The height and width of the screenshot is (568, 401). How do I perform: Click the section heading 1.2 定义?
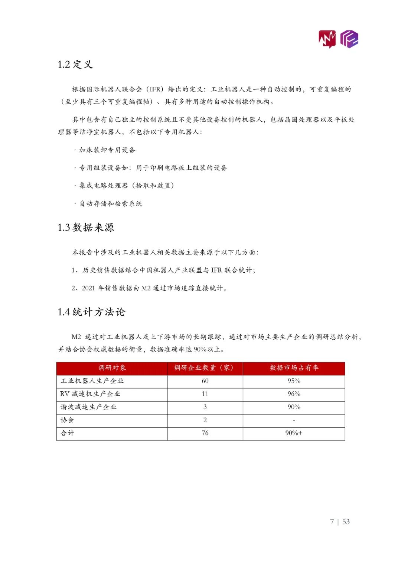point(75,64)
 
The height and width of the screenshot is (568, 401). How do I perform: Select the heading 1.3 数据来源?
point(86,227)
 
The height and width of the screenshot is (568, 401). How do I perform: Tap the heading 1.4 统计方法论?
point(91,312)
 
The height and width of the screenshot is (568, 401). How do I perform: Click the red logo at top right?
point(327,39)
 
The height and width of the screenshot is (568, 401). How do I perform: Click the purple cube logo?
point(349,39)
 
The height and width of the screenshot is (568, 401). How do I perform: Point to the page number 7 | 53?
point(340,522)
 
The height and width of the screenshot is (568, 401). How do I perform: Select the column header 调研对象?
point(112,368)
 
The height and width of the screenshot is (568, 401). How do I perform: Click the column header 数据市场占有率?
point(294,368)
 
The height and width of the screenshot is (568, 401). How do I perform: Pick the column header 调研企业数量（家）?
point(205,368)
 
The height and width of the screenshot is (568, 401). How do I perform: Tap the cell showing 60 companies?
point(205,381)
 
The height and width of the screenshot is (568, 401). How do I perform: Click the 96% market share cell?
point(294,394)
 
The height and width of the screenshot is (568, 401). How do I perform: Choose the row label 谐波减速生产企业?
point(89,407)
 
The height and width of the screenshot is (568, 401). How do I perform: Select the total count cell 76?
point(205,433)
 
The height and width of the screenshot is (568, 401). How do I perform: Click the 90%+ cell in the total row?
point(294,433)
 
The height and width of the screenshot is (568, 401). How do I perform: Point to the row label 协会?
point(68,420)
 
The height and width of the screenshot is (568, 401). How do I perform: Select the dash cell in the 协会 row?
point(294,420)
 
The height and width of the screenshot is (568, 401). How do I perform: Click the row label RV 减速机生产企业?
point(90,394)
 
